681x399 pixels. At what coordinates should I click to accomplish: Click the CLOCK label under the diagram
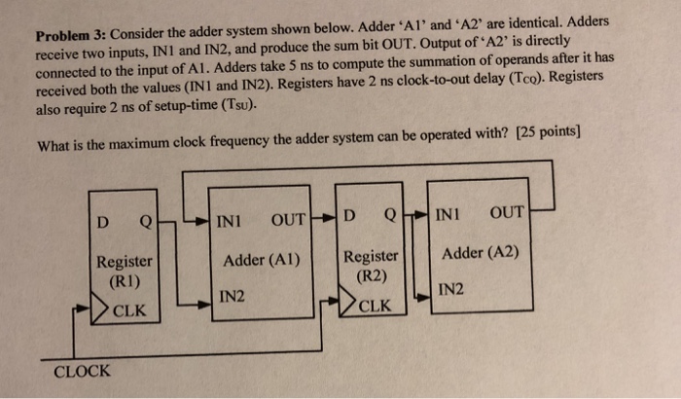coord(83,371)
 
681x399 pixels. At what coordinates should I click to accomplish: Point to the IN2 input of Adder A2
coord(451,289)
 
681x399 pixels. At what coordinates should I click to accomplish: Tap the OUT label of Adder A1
coord(289,215)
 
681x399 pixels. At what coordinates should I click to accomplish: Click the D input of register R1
coord(102,219)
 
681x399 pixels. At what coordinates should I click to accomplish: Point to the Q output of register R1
coord(145,219)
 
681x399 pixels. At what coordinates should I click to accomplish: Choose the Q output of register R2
coord(391,212)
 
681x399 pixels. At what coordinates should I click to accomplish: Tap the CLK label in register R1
coord(129,310)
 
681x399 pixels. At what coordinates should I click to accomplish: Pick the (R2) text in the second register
coord(372,274)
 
